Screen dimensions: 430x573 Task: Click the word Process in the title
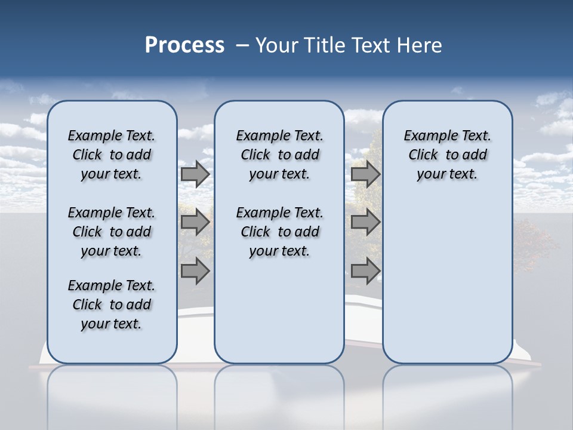pos(184,45)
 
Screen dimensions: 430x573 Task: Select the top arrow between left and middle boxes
pos(195,174)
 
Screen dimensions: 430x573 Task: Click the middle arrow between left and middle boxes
pos(195,223)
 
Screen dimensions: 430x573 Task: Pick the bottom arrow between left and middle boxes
pos(195,271)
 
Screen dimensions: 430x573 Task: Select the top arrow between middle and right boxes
pos(365,174)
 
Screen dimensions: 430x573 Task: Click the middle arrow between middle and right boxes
pos(365,223)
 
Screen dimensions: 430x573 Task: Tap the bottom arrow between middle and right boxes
pos(365,271)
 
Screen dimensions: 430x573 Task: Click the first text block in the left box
pos(112,155)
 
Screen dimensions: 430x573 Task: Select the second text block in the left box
pos(112,232)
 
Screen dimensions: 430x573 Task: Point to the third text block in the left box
pos(112,305)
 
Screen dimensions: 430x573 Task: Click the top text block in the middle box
pos(279,155)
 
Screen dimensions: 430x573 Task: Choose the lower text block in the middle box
pos(279,232)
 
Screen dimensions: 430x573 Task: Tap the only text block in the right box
pos(447,155)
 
